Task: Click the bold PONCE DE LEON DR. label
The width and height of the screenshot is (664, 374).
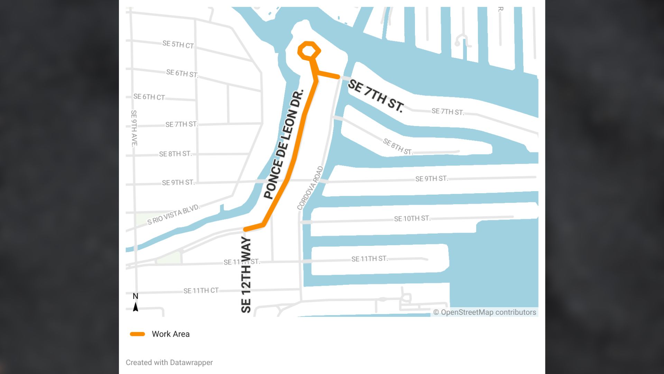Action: tap(284, 144)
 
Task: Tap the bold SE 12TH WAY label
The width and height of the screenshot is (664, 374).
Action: tap(246, 275)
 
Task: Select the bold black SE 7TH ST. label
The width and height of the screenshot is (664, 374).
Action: tap(376, 96)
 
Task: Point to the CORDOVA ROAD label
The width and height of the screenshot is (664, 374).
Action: tap(310, 188)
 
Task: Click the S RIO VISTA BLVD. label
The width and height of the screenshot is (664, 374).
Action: tap(174, 215)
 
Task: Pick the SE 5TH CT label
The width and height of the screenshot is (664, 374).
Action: tap(178, 45)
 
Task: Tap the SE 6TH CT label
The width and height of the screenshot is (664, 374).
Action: tap(149, 97)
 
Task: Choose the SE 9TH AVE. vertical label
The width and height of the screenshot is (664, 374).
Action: tap(134, 128)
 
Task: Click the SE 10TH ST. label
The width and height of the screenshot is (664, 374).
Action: tap(412, 219)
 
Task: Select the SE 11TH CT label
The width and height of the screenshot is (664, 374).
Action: tap(201, 291)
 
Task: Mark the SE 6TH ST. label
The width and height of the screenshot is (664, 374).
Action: tap(182, 73)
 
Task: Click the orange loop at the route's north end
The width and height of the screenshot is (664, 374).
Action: tap(309, 51)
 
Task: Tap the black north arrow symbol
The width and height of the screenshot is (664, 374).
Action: tap(136, 307)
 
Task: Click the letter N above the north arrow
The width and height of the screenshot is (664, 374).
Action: tap(136, 296)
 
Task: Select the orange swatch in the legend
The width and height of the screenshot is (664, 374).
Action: tap(137, 334)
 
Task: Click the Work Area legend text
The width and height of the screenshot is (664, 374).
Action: tap(170, 334)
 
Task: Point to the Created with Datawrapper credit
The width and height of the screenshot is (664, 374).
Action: tap(169, 363)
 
